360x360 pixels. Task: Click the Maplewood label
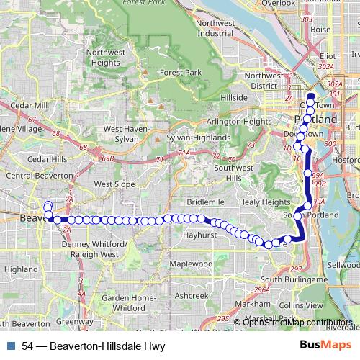click(191, 264)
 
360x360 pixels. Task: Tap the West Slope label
click(114, 184)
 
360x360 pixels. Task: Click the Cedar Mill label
click(30, 104)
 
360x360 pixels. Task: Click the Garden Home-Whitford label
click(124, 303)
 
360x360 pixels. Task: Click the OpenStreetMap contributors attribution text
click(298, 322)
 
